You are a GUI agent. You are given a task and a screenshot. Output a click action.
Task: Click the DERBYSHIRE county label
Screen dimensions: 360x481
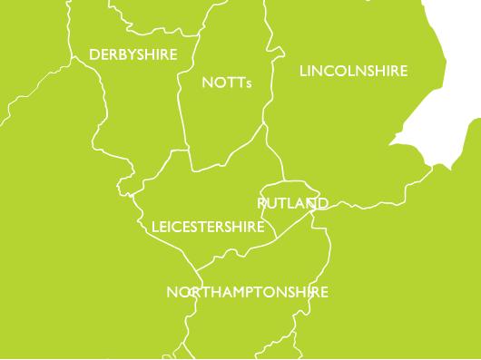pyautogui.click(x=133, y=55)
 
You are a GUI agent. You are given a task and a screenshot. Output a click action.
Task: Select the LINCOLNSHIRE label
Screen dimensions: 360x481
pyautogui.click(x=353, y=71)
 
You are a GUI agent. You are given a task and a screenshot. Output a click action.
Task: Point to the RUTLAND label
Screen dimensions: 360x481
pyautogui.click(x=292, y=204)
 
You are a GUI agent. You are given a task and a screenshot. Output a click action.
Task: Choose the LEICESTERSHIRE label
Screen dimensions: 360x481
pyautogui.click(x=208, y=226)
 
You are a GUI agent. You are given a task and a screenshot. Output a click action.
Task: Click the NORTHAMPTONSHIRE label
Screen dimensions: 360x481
pyautogui.click(x=248, y=292)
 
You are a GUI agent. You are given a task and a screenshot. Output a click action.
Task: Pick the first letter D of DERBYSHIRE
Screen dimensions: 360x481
pyautogui.click(x=93, y=55)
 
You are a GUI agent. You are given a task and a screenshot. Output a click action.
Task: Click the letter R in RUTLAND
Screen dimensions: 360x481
pyautogui.click(x=262, y=204)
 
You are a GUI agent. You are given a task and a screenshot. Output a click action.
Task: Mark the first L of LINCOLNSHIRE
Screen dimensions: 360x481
pyautogui.click(x=302, y=71)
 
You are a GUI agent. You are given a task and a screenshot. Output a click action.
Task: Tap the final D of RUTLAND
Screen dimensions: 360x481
pyautogui.click(x=322, y=204)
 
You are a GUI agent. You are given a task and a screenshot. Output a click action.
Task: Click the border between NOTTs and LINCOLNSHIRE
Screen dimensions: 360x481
pyautogui.click(x=267, y=91)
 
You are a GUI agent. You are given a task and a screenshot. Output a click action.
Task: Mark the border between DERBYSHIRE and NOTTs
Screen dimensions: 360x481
pyautogui.click(x=182, y=100)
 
